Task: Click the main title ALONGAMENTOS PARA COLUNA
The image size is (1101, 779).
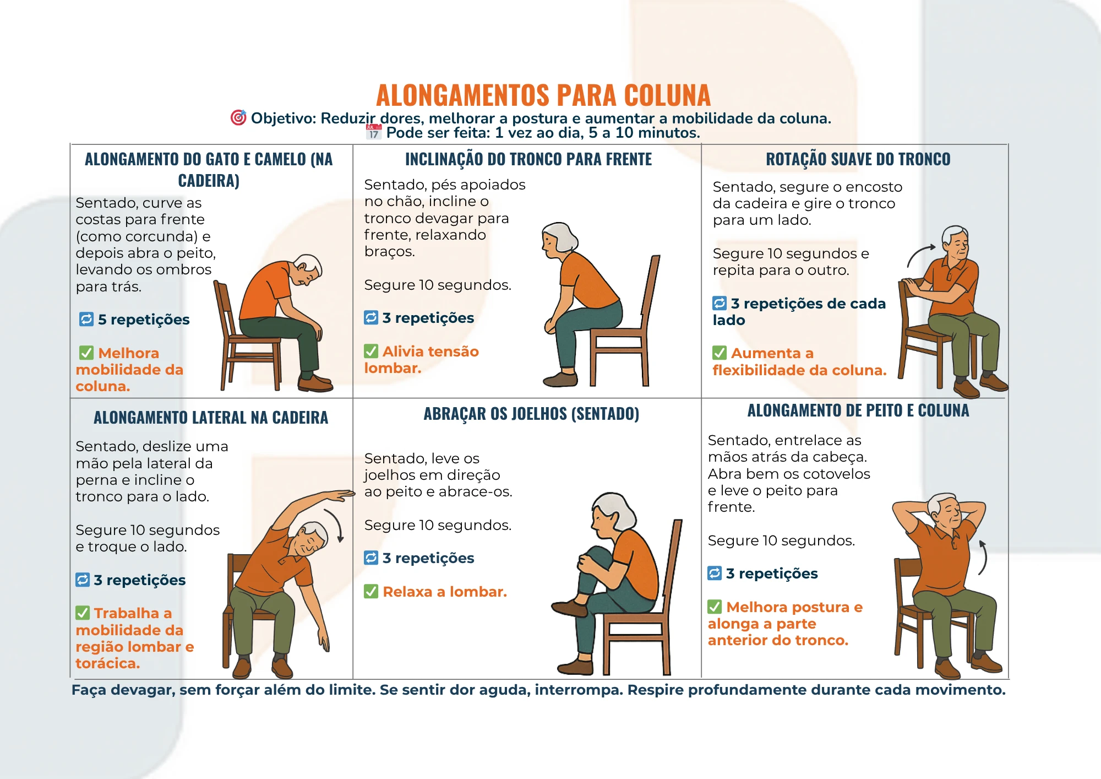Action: pyautogui.click(x=543, y=95)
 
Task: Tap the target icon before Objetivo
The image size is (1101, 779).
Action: pyautogui.click(x=238, y=117)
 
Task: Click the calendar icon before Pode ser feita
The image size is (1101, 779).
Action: pyautogui.click(x=374, y=132)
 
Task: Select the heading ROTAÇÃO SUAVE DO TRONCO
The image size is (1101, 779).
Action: pyautogui.click(x=858, y=159)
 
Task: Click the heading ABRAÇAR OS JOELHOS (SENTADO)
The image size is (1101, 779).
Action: pyautogui.click(x=531, y=414)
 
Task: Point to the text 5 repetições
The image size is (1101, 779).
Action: pyautogui.click(x=143, y=320)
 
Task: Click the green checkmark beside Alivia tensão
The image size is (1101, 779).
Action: pyautogui.click(x=371, y=351)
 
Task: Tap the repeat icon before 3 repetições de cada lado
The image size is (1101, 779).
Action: pyautogui.click(x=720, y=303)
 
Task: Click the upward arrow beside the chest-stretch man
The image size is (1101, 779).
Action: pyautogui.click(x=983, y=558)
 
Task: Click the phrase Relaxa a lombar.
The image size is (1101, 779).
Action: pyautogui.click(x=444, y=592)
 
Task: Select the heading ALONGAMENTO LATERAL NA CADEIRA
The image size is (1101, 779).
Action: pyautogui.click(x=211, y=418)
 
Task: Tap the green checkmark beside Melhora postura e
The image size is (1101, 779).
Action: pyautogui.click(x=715, y=607)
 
